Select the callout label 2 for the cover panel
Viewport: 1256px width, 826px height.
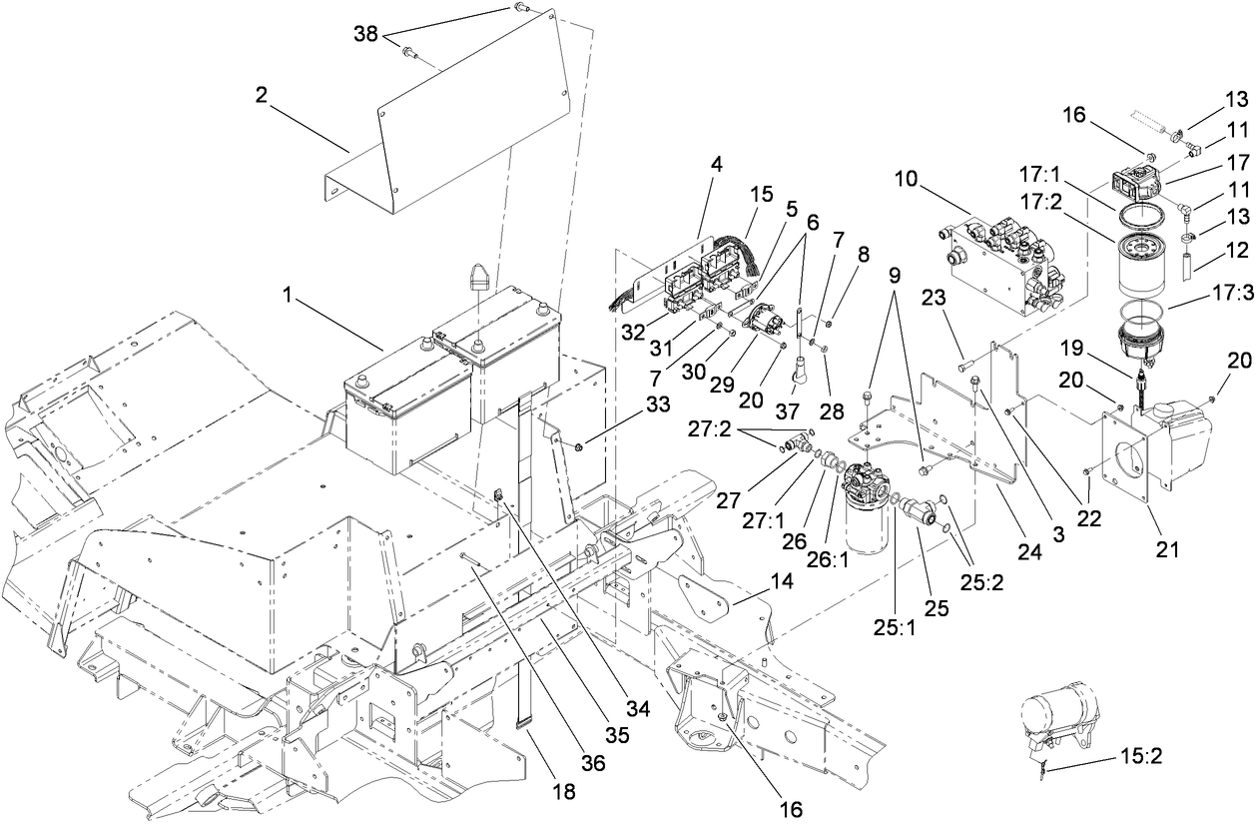261,96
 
